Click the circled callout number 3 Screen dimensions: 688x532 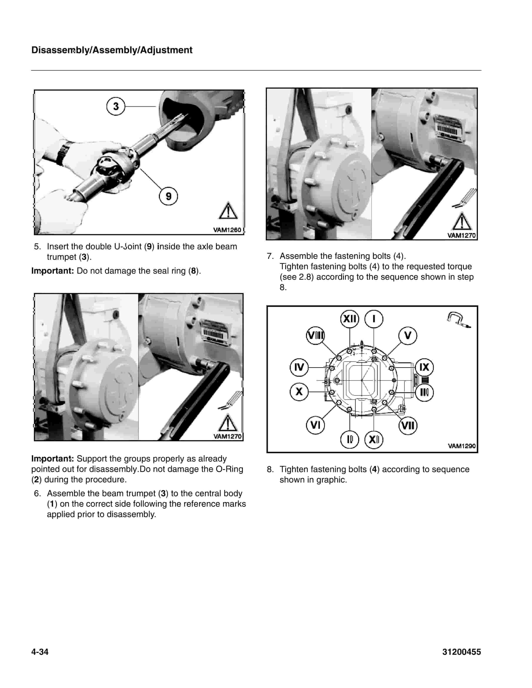pyautogui.click(x=116, y=106)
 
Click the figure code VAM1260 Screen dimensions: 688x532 pyautogui.click(x=227, y=230)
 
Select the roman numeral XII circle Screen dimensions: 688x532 pyautogui.click(x=349, y=319)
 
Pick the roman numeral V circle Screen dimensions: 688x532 pyautogui.click(x=407, y=336)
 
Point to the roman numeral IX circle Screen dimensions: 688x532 pyautogui.click(x=424, y=367)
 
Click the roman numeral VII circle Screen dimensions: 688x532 pyautogui.click(x=408, y=426)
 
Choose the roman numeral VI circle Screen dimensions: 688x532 pyautogui.click(x=315, y=425)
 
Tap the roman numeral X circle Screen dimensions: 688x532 pyautogui.click(x=299, y=392)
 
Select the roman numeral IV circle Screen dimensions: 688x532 pyautogui.click(x=299, y=367)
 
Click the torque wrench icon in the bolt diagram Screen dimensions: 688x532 pyautogui.click(x=459, y=320)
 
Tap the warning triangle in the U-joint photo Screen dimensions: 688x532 pyautogui.click(x=228, y=211)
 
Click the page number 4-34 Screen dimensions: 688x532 pyautogui.click(x=40, y=652)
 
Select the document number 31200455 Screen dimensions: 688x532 pyautogui.click(x=461, y=652)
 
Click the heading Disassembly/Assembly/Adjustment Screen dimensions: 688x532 pyautogui.click(x=112, y=50)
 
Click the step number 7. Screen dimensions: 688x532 pyautogui.click(x=270, y=256)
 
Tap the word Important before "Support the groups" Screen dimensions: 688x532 pyautogui.click(x=52, y=458)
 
